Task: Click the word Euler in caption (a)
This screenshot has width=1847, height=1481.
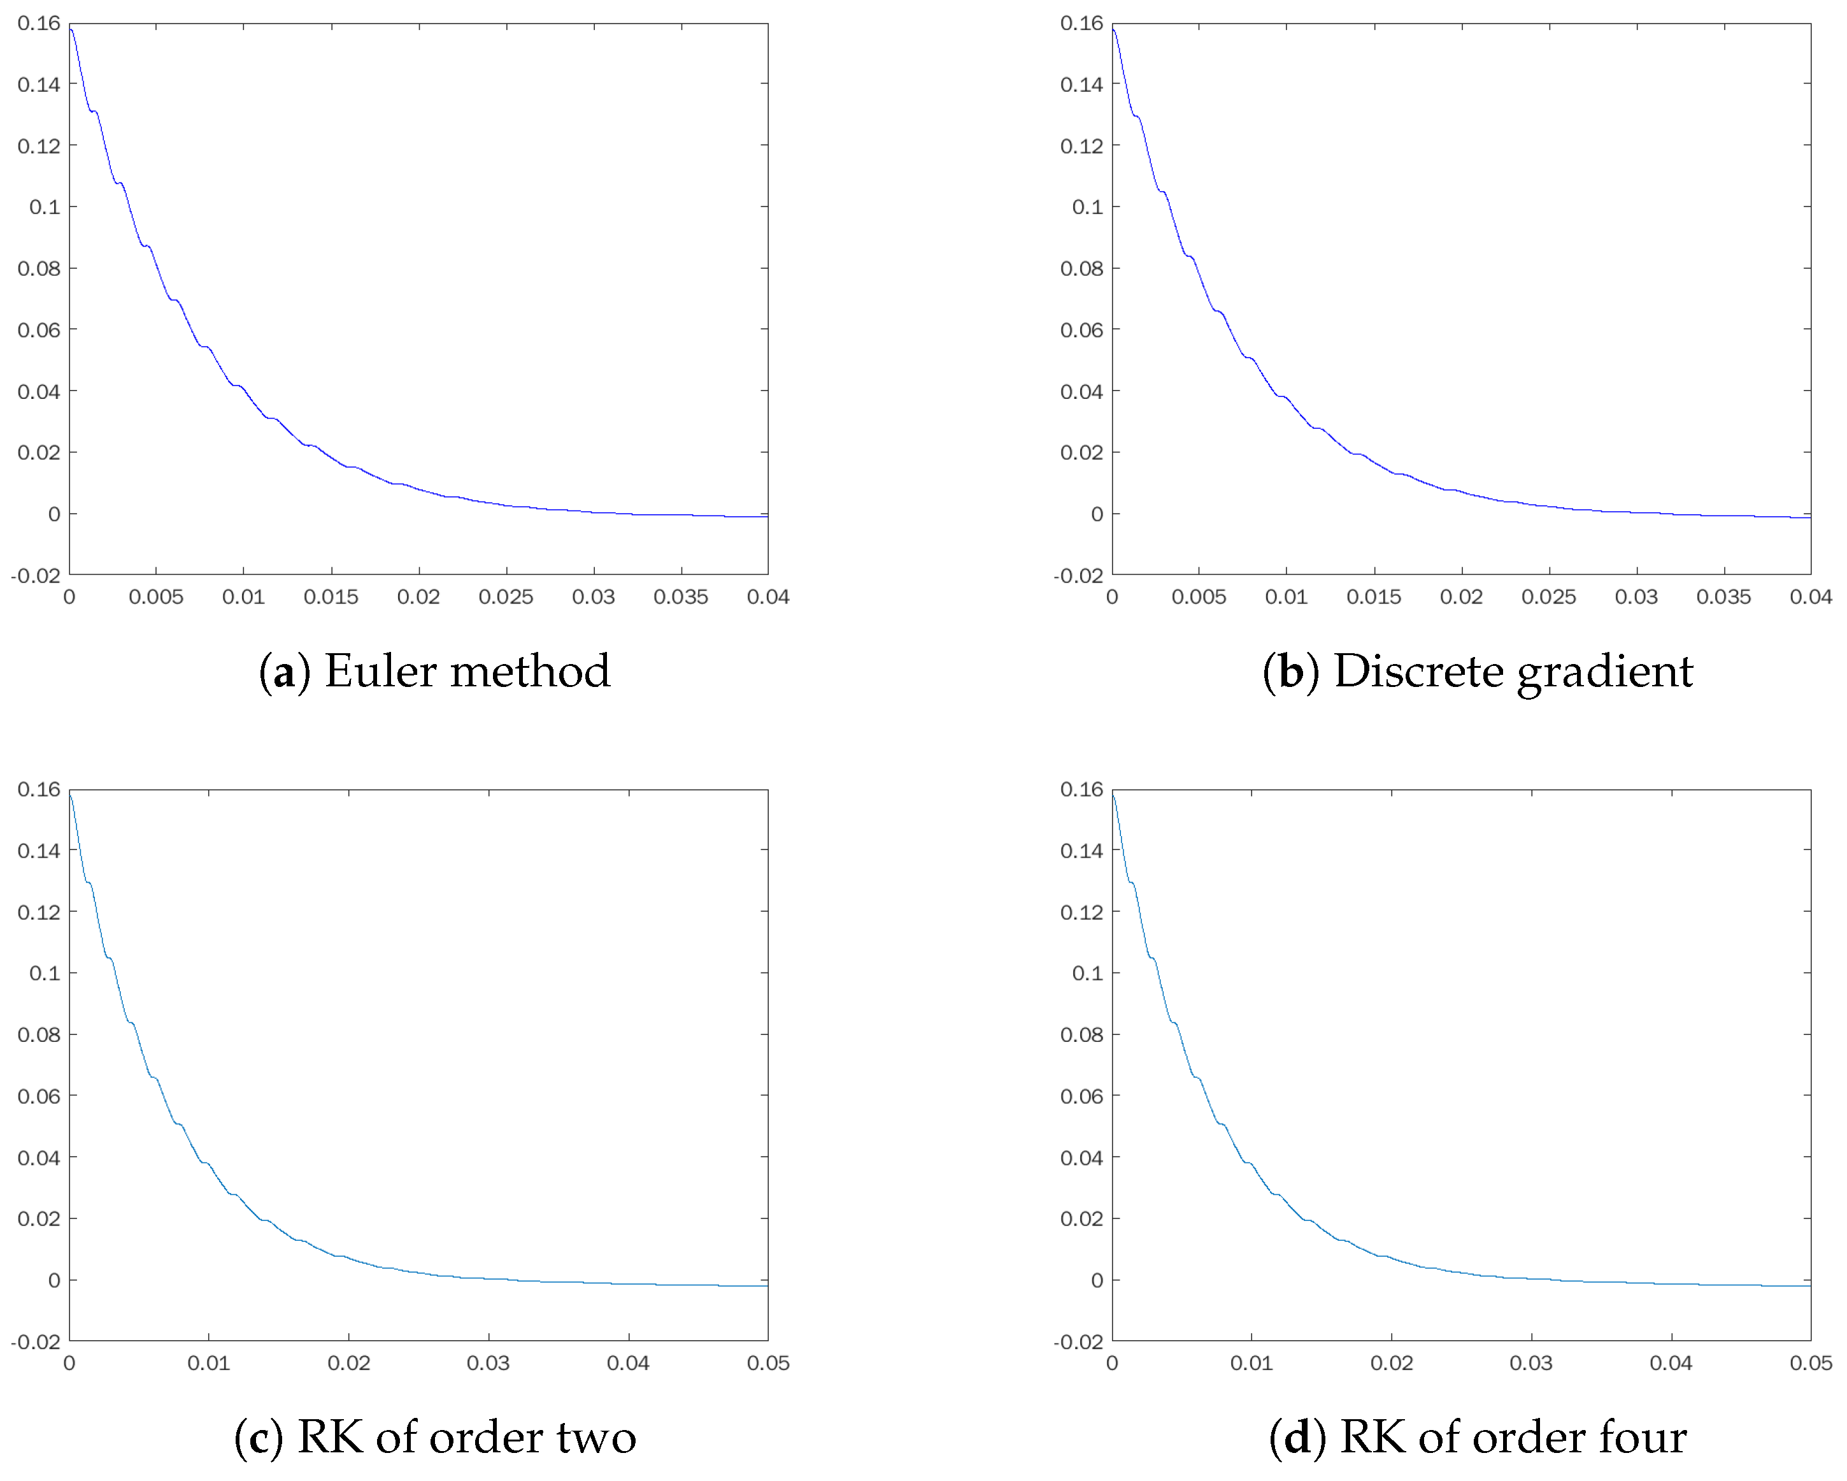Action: (x=380, y=671)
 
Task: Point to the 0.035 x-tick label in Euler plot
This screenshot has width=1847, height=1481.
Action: (x=681, y=597)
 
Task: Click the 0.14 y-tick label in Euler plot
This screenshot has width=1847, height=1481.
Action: (x=39, y=84)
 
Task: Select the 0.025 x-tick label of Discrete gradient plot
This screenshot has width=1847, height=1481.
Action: (x=1549, y=597)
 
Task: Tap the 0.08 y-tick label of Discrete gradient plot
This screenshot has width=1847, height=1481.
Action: (x=1082, y=268)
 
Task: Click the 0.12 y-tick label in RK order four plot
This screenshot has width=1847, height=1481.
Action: (x=1082, y=912)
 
